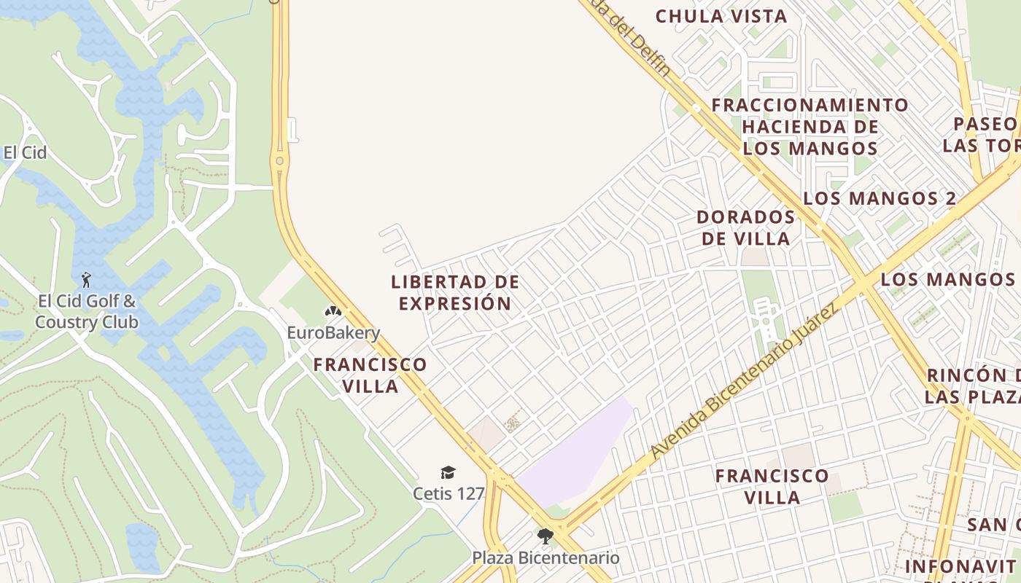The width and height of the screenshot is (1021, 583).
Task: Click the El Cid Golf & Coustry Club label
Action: pos(86,311)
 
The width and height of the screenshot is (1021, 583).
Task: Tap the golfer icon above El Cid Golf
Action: pos(86,279)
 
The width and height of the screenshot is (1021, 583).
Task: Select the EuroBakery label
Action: pos(333,333)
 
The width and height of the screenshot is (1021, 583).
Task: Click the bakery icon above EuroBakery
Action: pos(333,311)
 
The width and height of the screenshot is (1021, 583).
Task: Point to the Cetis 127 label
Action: pos(449,493)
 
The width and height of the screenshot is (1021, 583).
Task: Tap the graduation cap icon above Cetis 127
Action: pos(448,473)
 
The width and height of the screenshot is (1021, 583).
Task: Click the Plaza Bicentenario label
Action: pos(546,558)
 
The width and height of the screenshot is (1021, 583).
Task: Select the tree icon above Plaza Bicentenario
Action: pos(544,537)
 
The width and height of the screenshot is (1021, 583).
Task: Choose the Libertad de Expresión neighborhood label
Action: pos(455,292)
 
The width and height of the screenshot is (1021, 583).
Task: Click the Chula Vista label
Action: pos(721,16)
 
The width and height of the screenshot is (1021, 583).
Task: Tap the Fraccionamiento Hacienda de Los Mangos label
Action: pos(810,127)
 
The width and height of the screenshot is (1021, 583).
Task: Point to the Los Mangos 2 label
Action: pos(880,198)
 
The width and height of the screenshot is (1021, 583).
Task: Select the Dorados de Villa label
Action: pos(745,227)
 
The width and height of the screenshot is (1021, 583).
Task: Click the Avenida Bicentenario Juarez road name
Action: pos(744,382)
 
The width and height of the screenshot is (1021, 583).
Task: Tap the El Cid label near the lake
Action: pos(25,152)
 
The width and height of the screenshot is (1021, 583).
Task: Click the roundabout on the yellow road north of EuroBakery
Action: pos(279,160)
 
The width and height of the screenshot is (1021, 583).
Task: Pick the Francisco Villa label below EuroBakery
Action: pos(370,375)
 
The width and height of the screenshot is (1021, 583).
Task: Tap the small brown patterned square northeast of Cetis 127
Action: pos(514,421)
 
